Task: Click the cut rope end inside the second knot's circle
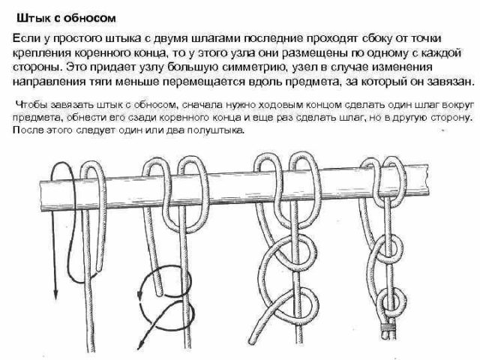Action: click(x=158, y=288)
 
